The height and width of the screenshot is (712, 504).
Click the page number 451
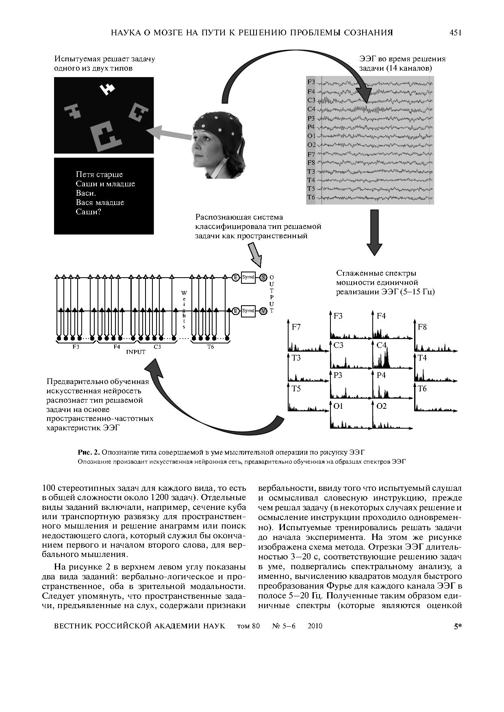click(455, 33)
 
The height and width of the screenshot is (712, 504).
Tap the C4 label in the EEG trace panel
click(311, 109)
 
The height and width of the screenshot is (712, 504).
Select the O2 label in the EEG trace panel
click(311, 145)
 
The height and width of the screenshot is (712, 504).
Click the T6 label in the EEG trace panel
click(311, 197)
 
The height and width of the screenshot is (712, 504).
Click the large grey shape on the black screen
click(106, 136)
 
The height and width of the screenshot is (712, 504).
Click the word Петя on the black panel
click(85, 174)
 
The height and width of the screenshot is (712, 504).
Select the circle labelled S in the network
click(263, 277)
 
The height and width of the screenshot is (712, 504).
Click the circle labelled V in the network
click(263, 311)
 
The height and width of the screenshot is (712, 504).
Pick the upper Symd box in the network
click(248, 277)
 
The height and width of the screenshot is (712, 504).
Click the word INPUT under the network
click(136, 352)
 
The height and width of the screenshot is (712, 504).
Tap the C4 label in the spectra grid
click(381, 345)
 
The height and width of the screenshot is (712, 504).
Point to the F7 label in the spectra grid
click(296, 327)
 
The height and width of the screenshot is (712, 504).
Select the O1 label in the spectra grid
click(338, 406)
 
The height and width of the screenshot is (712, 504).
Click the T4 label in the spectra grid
click(422, 358)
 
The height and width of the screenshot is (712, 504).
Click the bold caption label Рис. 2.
click(89, 452)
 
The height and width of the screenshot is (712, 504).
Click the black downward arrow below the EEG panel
click(374, 232)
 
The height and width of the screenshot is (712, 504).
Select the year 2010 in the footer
click(315, 626)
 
